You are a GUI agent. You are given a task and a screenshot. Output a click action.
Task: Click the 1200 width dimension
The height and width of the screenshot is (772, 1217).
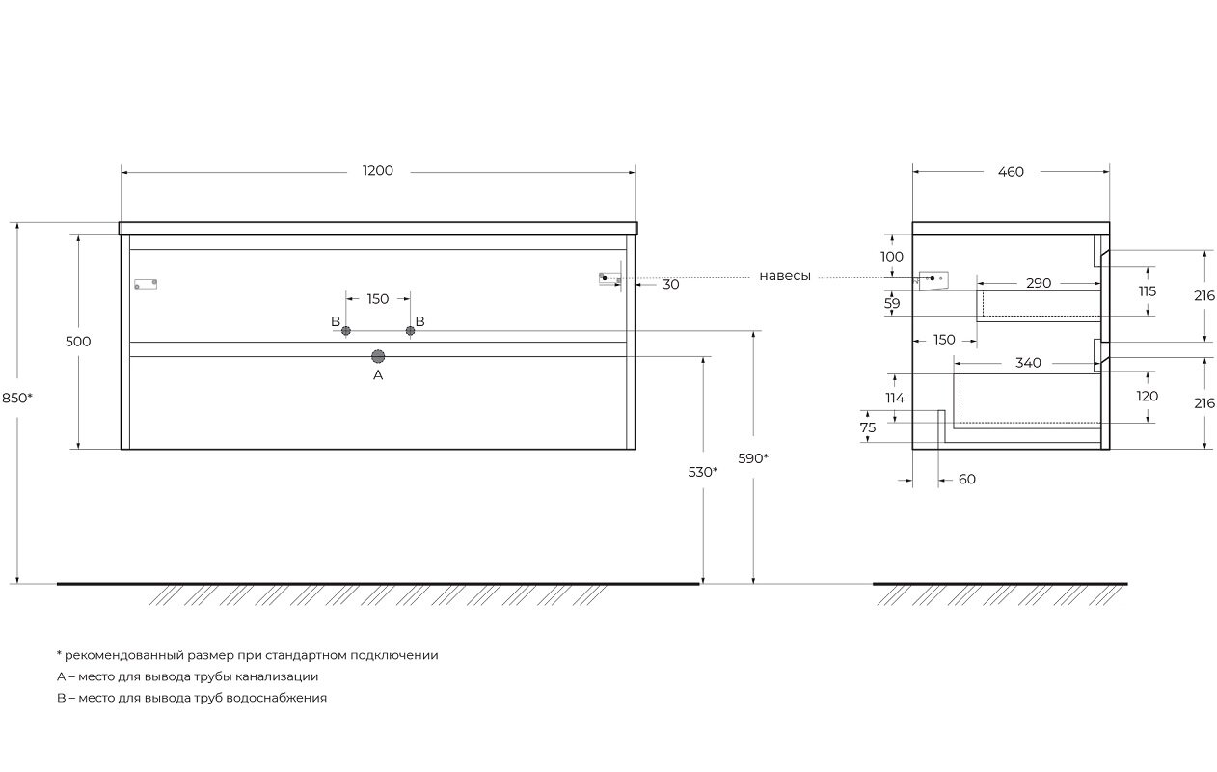point(378,171)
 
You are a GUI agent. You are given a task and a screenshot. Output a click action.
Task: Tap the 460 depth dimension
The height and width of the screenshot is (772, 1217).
point(1011,172)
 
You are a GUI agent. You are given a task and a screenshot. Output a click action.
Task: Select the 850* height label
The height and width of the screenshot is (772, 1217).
point(16,398)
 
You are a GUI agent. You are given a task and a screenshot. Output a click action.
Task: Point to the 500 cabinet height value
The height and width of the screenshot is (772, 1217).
point(78,342)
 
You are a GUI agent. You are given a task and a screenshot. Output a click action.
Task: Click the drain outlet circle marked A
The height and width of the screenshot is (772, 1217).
point(378,357)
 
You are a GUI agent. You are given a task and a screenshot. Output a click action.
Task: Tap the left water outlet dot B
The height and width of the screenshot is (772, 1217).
point(346,331)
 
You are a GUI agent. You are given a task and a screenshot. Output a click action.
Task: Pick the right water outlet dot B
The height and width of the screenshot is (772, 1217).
point(410,331)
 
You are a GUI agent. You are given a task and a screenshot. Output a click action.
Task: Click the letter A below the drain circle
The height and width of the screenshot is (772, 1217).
point(378,375)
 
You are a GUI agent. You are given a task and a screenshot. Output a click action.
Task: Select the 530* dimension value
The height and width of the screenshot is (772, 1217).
point(702,473)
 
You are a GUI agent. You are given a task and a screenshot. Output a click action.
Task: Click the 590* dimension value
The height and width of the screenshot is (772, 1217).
point(753,458)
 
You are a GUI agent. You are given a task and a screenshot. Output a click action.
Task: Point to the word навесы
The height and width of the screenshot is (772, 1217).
point(785,276)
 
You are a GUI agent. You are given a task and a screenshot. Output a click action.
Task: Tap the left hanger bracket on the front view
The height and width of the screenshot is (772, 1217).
point(146,284)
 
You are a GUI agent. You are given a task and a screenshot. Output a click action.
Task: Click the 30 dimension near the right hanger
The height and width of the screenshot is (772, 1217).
point(671,285)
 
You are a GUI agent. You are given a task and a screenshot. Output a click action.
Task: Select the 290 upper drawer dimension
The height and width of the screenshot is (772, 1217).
point(1039,284)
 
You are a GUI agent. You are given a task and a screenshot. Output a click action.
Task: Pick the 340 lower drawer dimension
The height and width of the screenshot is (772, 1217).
point(1029,363)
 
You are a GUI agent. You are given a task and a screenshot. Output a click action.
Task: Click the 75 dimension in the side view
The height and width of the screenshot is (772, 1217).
point(868,427)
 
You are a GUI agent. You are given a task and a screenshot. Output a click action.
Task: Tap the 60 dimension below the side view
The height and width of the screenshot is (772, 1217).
point(967,480)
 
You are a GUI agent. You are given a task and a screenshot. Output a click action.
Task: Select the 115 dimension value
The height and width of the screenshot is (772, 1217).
point(1148,291)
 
